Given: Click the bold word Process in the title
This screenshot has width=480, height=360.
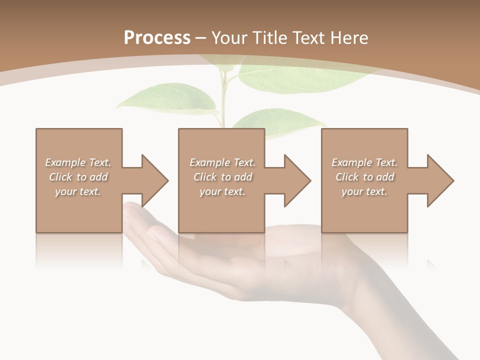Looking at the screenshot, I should [x=157, y=37].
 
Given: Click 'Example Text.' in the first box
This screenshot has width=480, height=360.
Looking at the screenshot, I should [x=78, y=162].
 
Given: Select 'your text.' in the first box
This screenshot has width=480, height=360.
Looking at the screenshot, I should [x=78, y=191].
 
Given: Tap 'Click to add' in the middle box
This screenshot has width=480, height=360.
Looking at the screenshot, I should [x=222, y=177].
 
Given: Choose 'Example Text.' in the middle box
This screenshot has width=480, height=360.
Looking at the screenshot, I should [x=222, y=162].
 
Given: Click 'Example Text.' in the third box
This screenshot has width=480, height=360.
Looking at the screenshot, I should [x=364, y=162].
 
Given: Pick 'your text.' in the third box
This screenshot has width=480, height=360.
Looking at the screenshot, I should [x=364, y=191].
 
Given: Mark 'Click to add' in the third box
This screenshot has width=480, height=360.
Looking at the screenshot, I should [x=364, y=177].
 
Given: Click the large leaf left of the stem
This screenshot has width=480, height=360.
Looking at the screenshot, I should [x=165, y=97].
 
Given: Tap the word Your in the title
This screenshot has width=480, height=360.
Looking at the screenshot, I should [x=229, y=37].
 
